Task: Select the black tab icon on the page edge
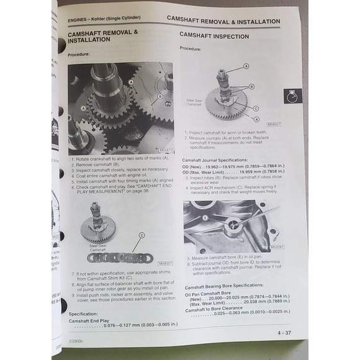pyautogui.click(x=292, y=96)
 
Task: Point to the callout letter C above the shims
pyautogui.click(x=142, y=235)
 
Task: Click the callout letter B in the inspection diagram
pyautogui.click(x=251, y=87)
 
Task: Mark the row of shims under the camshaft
pyautogui.click(x=120, y=257)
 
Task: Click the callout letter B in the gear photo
pyautogui.click(x=160, y=96)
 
